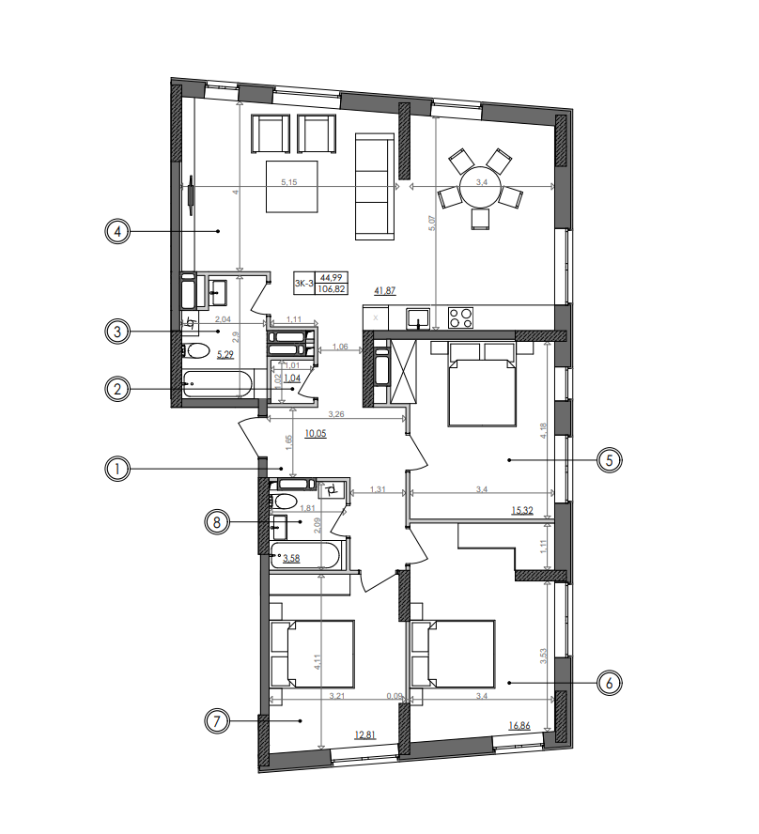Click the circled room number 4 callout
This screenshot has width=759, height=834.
(x=116, y=230)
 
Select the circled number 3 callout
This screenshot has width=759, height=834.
(x=116, y=331)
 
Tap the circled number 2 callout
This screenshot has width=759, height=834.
(x=116, y=387)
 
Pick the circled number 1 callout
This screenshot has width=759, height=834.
(x=116, y=468)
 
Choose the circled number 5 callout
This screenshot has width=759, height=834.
(x=610, y=460)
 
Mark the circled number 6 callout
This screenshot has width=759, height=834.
(x=610, y=683)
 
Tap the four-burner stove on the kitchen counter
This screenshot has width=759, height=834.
(x=460, y=317)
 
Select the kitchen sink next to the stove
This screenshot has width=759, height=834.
(x=417, y=317)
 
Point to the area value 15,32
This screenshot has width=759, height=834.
(x=523, y=510)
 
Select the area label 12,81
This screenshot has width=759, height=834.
(x=366, y=735)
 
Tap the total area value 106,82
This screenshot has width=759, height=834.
(x=331, y=289)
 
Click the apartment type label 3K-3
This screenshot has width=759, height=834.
(x=303, y=283)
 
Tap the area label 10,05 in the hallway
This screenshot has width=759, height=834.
(x=316, y=434)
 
